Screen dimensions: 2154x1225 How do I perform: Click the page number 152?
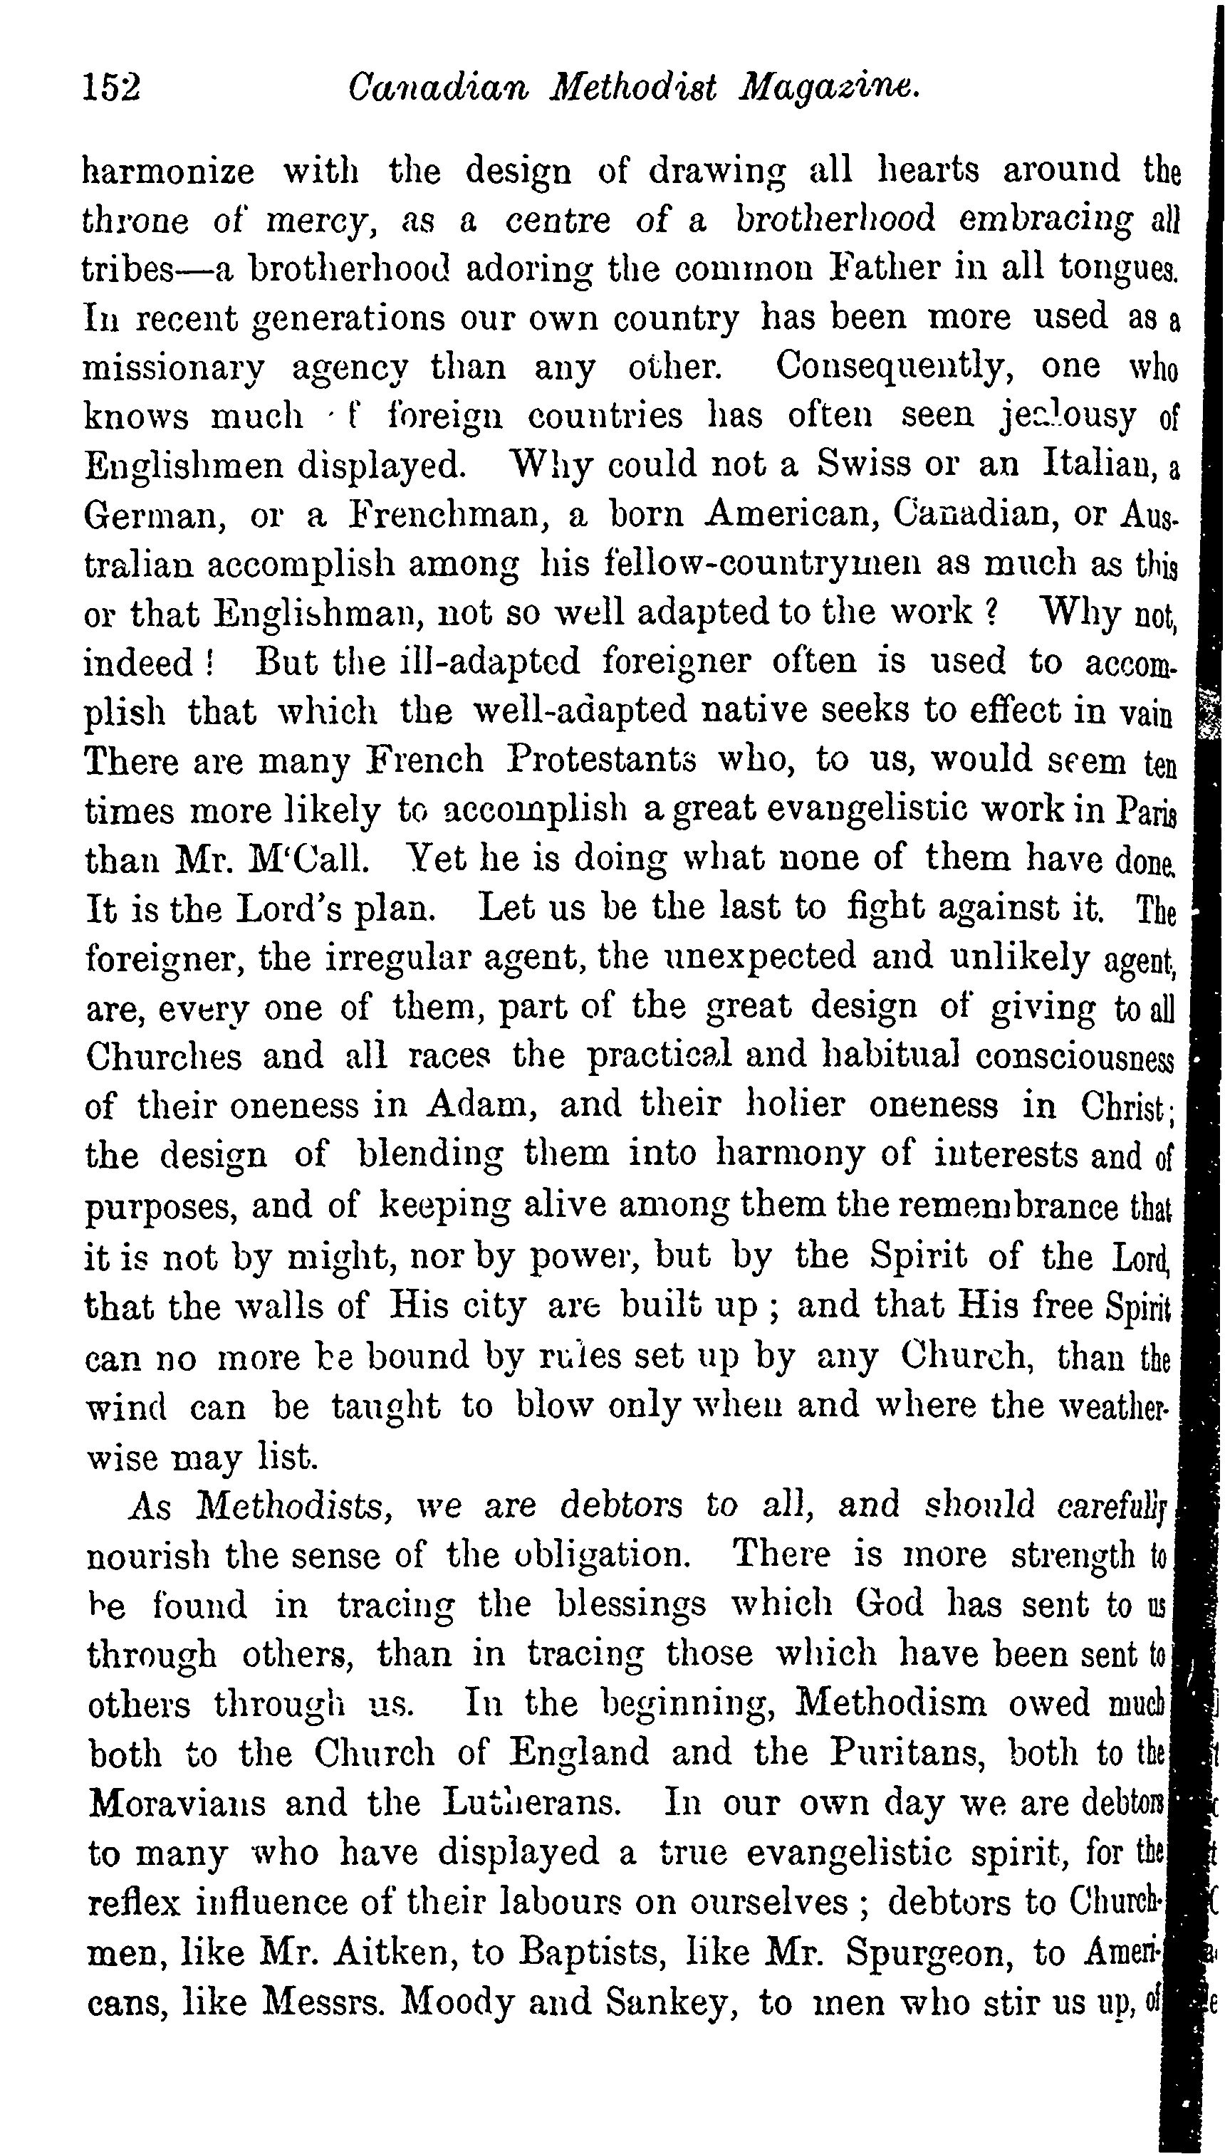coord(112,88)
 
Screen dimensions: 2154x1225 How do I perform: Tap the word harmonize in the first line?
coord(168,171)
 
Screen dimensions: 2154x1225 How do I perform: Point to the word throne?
coord(135,220)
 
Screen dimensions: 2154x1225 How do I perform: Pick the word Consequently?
coord(895,366)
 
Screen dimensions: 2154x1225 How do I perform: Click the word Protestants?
coord(602,760)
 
